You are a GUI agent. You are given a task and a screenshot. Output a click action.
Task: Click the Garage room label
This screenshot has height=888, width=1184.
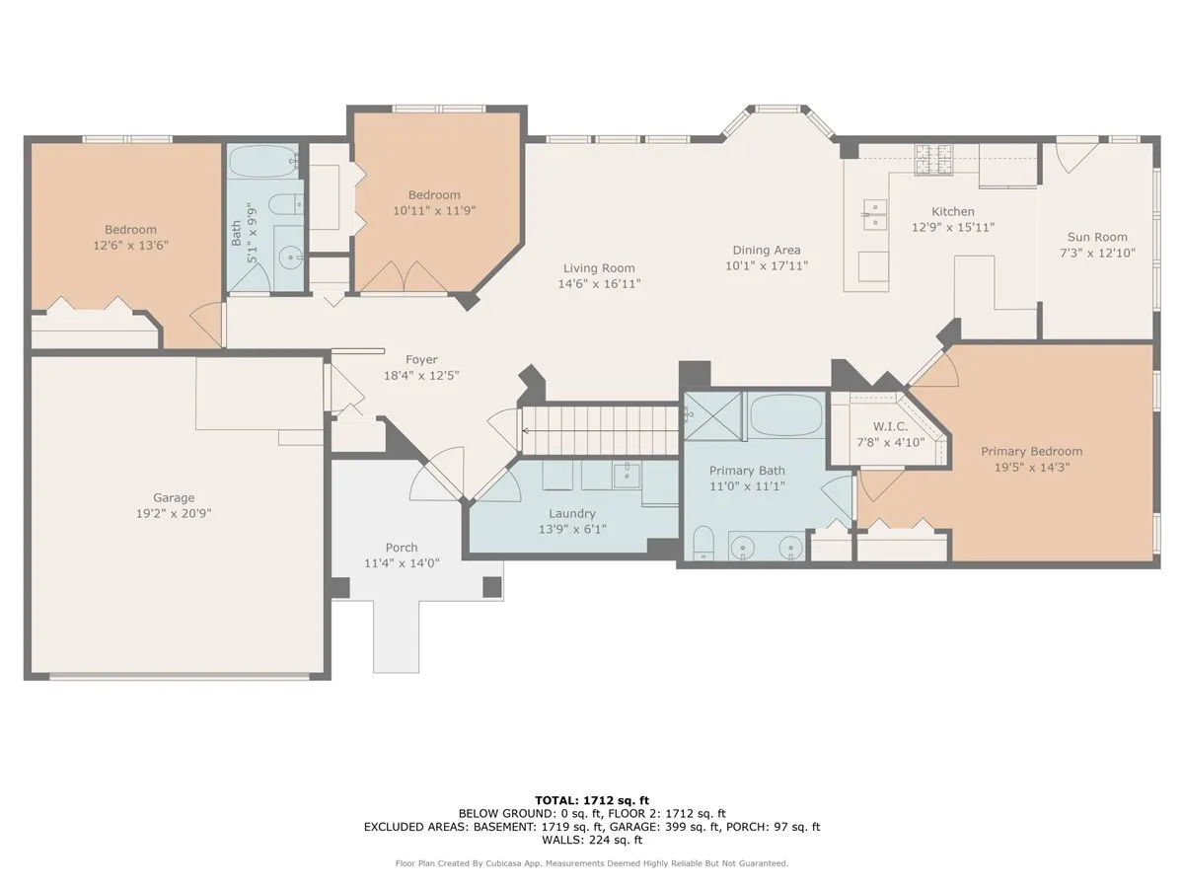174,497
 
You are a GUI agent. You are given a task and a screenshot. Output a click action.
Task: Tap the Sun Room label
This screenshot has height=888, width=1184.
1097,237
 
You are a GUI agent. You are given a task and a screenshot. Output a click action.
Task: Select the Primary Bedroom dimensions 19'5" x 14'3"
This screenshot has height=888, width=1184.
1031,469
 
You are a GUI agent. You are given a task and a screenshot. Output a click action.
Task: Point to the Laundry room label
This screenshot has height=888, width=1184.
572,513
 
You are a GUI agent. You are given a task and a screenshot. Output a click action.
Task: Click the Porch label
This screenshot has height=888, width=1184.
402,547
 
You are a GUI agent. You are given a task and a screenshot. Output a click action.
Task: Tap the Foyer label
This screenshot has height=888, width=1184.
421,359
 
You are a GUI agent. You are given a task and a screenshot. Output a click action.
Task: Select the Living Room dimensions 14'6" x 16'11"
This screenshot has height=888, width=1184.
599,284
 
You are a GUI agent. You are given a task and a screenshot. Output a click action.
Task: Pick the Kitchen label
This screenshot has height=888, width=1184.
953,211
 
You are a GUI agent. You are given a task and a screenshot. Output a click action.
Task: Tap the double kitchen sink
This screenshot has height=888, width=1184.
874,214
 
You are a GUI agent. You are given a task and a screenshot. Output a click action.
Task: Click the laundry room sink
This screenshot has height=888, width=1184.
627,476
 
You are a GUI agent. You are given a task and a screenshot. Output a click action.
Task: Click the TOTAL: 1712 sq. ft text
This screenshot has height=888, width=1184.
592,800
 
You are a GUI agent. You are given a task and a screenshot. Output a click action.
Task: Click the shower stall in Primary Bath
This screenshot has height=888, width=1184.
713,414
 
